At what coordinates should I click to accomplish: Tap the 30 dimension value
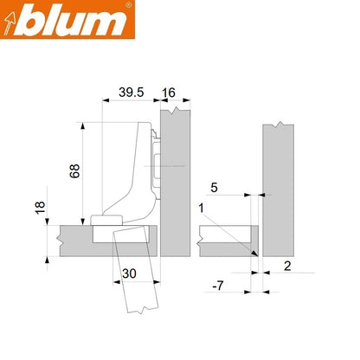(x=129, y=273)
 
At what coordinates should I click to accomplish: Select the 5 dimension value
(x=213, y=185)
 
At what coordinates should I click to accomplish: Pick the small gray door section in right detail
(x=227, y=235)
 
